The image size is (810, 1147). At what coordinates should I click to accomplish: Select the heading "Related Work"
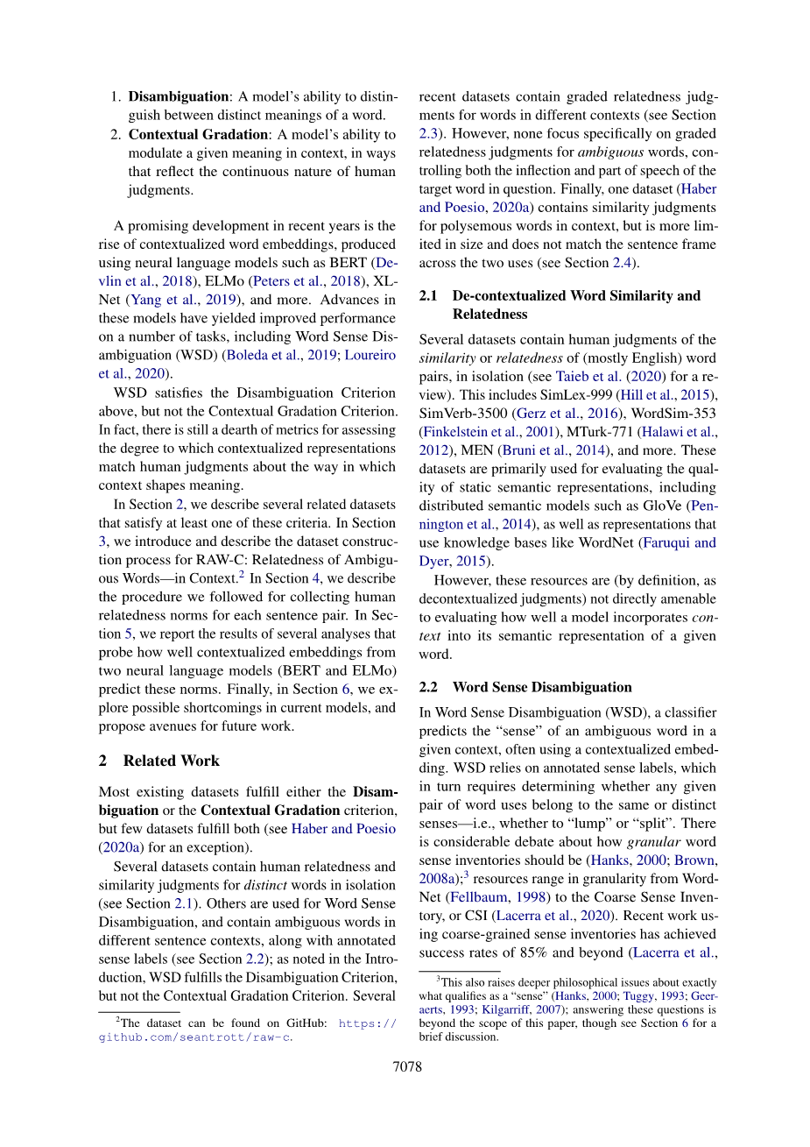(x=171, y=761)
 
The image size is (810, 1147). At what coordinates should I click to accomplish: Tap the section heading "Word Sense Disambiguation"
(x=542, y=687)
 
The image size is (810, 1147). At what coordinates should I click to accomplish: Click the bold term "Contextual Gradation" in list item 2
(x=198, y=134)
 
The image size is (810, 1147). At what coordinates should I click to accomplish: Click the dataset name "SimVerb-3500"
(x=461, y=414)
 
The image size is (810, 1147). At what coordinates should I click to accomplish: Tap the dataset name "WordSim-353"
(x=673, y=414)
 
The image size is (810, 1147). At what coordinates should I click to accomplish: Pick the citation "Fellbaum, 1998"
(x=497, y=897)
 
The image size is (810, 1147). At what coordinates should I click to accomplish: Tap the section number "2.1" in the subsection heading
(x=428, y=296)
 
